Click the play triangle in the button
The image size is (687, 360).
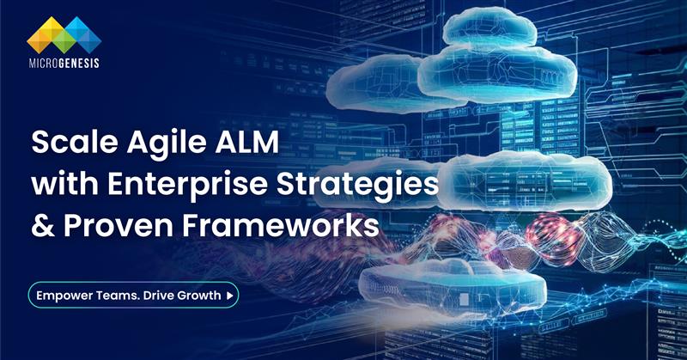(x=229, y=296)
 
